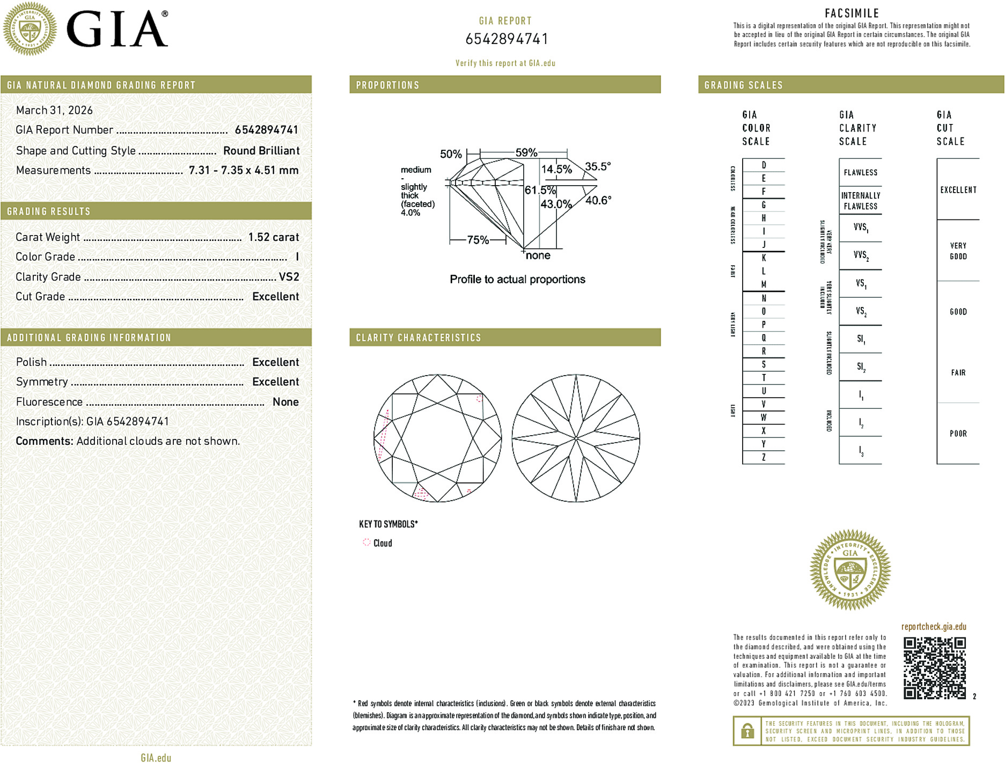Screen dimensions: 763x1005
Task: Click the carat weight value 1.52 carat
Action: pyautogui.click(x=273, y=237)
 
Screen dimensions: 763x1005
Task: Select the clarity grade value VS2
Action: pyautogui.click(x=289, y=277)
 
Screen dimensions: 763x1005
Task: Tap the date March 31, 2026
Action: pyautogui.click(x=54, y=110)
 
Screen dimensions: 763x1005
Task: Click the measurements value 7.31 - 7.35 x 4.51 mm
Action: pyautogui.click(x=244, y=170)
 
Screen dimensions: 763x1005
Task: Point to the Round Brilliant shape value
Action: pyautogui.click(x=261, y=151)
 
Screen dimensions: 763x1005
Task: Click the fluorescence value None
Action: pyautogui.click(x=285, y=402)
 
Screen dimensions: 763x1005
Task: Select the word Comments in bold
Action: pyautogui.click(x=44, y=441)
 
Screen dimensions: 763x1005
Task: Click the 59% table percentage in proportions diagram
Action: pyautogui.click(x=526, y=152)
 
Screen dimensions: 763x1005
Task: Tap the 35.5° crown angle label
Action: pyautogui.click(x=598, y=166)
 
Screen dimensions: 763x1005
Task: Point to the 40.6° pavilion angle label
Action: pyautogui.click(x=598, y=200)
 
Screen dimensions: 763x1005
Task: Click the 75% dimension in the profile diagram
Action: pyautogui.click(x=478, y=240)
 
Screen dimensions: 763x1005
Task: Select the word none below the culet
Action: pyautogui.click(x=538, y=255)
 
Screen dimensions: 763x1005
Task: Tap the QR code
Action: pyautogui.click(x=934, y=668)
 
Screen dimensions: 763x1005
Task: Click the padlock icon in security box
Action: pyautogui.click(x=747, y=731)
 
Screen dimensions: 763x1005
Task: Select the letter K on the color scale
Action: pyautogui.click(x=764, y=258)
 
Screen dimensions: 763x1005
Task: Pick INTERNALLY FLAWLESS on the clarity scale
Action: pyautogui.click(x=860, y=201)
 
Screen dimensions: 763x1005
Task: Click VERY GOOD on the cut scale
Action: pyautogui.click(x=958, y=251)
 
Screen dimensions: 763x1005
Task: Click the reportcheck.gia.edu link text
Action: pyautogui.click(x=934, y=626)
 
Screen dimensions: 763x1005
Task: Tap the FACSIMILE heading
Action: pyautogui.click(x=852, y=13)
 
